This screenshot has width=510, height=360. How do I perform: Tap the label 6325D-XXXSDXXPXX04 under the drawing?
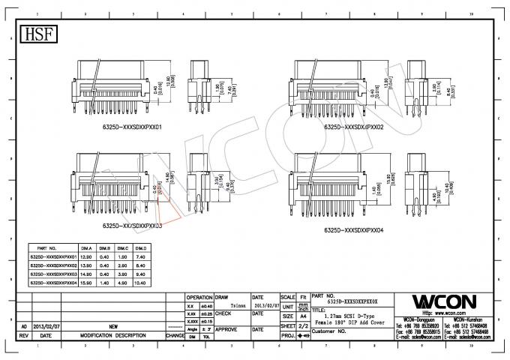pos(353,231)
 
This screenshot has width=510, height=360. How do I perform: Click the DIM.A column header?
pos(86,247)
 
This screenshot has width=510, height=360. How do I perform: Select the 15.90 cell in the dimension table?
pos(86,283)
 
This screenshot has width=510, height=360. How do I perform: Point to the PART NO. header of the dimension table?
pos(47,247)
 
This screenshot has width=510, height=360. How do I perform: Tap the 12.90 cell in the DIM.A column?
pos(86,256)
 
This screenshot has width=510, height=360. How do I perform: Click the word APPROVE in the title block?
pos(228,328)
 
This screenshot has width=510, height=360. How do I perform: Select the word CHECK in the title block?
pos(224,313)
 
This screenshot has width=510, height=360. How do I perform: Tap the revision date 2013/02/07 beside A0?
pos(46,328)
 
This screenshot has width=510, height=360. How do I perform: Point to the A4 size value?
pos(304,317)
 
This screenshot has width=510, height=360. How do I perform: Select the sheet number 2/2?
pos(304,327)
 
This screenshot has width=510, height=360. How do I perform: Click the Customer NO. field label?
pos(328,330)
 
